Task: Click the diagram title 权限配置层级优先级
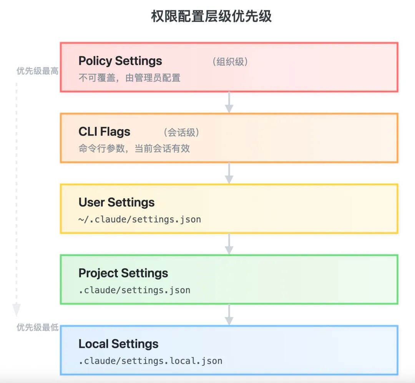click(211, 16)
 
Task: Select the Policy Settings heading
click(120, 61)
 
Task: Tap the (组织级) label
click(230, 62)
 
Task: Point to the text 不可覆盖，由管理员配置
click(129, 78)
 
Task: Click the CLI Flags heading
click(104, 132)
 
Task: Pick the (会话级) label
click(181, 133)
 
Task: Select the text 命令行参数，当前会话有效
click(134, 149)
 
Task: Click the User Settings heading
click(116, 202)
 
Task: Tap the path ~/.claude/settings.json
click(139, 220)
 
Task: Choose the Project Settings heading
click(123, 273)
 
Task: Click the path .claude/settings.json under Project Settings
click(134, 290)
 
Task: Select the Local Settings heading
click(118, 344)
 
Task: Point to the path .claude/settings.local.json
click(150, 361)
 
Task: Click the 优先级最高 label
click(37, 71)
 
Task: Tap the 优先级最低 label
click(37, 327)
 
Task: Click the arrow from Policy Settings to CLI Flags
click(229, 102)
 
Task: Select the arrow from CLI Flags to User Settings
click(229, 173)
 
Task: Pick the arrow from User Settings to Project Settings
click(229, 244)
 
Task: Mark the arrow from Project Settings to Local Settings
click(229, 315)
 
